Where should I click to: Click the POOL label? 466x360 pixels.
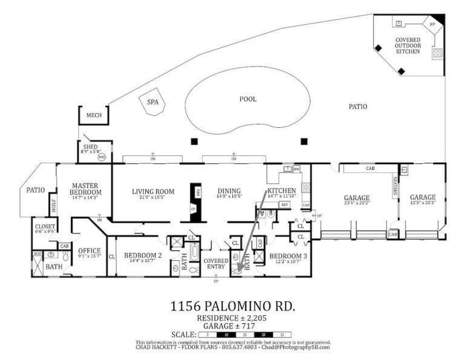(248, 99)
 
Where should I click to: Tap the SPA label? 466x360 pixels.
(153, 102)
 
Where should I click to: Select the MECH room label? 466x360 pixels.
(94, 115)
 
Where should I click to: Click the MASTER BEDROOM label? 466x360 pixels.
(85, 188)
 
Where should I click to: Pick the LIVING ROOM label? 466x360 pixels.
(153, 192)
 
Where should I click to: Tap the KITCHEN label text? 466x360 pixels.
(281, 191)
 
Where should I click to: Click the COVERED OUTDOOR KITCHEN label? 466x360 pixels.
(408, 45)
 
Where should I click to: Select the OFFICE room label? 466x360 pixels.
(89, 250)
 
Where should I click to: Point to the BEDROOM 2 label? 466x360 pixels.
(143, 256)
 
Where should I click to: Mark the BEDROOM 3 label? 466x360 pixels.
(288, 256)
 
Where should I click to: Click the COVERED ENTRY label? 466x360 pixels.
(216, 263)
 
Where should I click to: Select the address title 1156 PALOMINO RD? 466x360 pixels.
(233, 306)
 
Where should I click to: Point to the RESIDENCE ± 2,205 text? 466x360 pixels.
(232, 318)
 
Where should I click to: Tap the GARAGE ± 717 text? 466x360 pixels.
(232, 326)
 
